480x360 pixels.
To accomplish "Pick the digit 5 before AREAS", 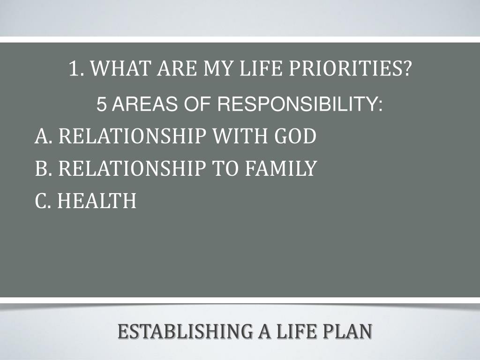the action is tap(102, 104).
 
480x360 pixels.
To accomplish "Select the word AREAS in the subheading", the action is tap(145, 104).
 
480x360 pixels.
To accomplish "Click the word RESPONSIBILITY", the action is tap(300, 104).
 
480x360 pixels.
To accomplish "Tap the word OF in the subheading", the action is tap(197, 104).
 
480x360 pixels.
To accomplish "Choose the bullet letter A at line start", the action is tap(41, 136).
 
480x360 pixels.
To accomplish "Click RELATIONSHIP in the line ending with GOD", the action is tap(132, 136).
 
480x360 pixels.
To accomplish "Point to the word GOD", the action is tap(295, 136).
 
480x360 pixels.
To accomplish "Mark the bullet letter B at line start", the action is tap(41, 168).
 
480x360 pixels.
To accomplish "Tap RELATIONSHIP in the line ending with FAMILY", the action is tap(132, 168).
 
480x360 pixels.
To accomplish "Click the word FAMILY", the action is tap(281, 168).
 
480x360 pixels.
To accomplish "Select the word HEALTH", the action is tap(97, 201).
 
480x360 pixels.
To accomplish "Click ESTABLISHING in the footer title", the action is tap(186, 331).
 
